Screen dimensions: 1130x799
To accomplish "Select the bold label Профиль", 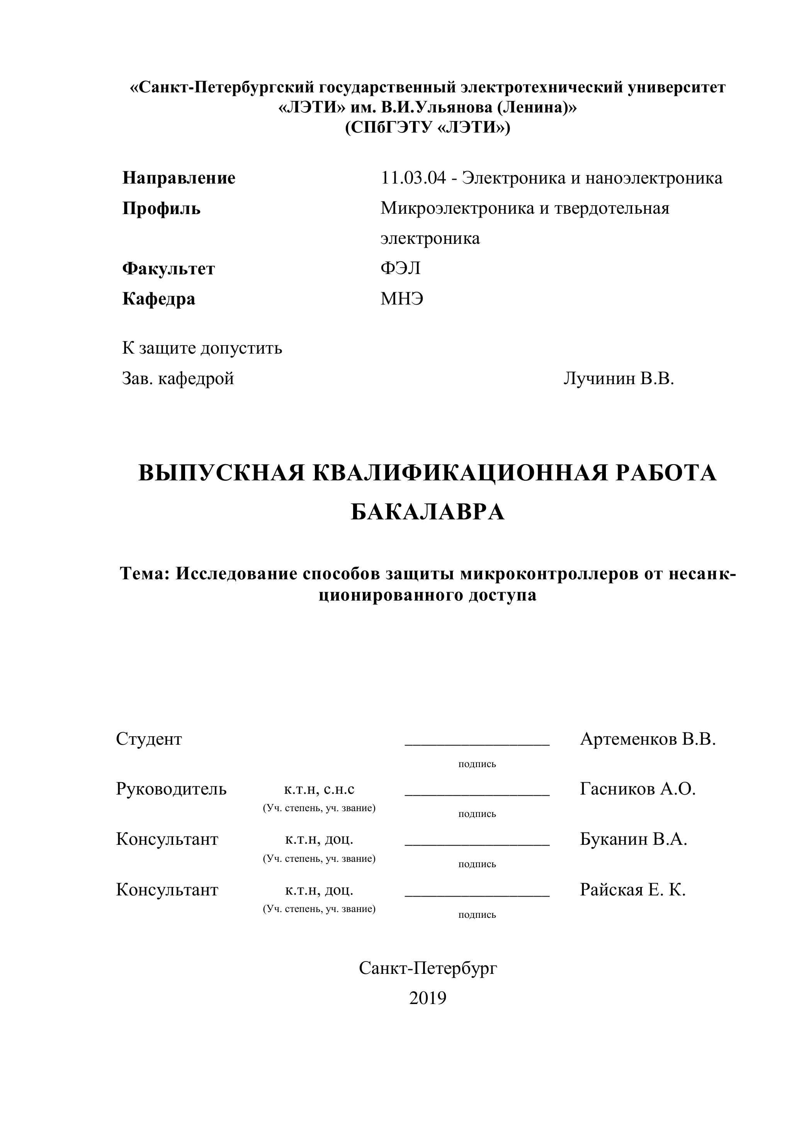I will coord(161,208).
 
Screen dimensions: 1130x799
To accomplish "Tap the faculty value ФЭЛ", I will coord(401,268).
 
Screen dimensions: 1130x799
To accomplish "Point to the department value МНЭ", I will coord(401,299).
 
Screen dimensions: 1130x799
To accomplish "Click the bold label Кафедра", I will coord(158,299).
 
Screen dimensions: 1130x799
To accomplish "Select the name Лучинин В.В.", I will coord(619,378).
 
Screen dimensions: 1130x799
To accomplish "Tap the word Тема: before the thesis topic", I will coord(146,574).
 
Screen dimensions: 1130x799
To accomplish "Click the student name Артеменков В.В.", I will coord(648,739).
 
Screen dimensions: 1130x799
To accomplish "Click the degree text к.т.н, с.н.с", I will coord(319,790).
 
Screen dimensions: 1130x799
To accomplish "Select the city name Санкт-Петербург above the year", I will coord(428,968).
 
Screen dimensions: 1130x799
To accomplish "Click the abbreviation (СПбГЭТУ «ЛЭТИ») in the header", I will coord(428,128).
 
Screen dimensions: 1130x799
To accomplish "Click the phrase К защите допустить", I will coord(202,348).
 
